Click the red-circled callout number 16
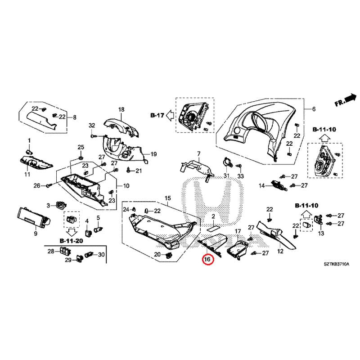207,259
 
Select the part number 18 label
121,110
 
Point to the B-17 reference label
157,115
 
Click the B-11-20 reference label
71,241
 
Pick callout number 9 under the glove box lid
35,234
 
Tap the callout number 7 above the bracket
198,154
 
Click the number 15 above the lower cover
168,198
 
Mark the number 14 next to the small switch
261,185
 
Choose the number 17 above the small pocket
238,231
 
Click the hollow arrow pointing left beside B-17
170,115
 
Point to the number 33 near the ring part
240,175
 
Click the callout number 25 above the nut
81,147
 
